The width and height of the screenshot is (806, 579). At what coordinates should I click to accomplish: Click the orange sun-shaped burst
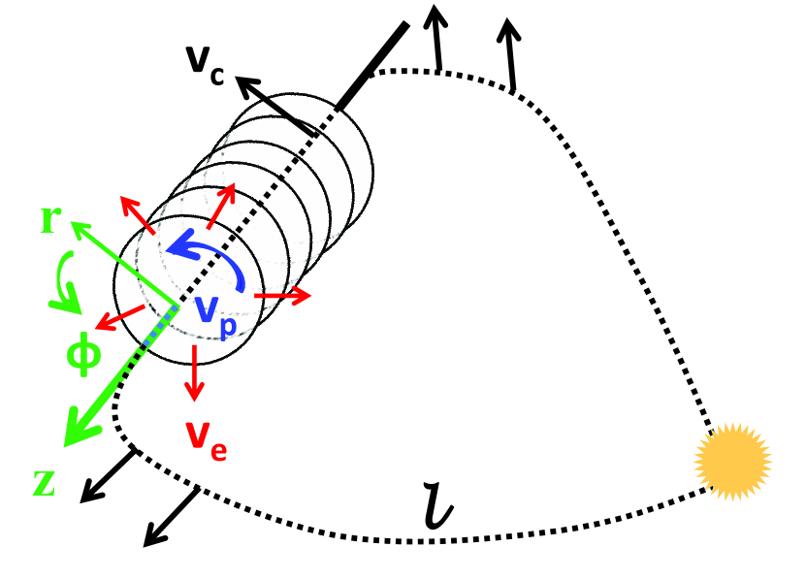coord(733,461)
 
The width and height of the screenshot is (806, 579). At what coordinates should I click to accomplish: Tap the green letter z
coord(45,483)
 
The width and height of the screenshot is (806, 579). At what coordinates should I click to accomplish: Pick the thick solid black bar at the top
coord(373,62)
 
